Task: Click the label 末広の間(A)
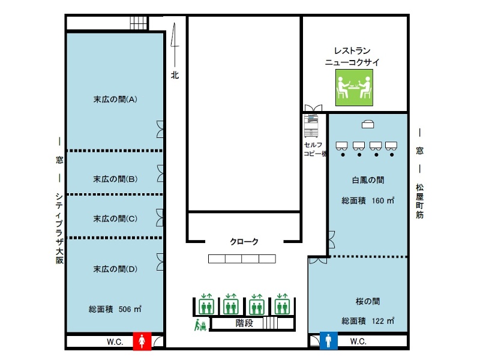115,100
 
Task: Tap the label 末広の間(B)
115,179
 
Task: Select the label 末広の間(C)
115,218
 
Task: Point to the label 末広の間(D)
115,269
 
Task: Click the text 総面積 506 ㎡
115,309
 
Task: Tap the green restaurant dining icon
354,88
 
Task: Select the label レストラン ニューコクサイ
352,56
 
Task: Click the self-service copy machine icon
311,126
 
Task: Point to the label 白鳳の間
368,180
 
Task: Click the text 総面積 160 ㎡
368,200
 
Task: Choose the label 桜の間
368,301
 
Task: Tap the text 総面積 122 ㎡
368,321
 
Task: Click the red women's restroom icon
142,341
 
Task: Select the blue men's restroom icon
328,341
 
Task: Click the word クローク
244,242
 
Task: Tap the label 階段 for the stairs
244,323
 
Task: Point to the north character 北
175,75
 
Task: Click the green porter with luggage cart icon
200,325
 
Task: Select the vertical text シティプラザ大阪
59,228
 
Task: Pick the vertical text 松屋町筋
419,201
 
